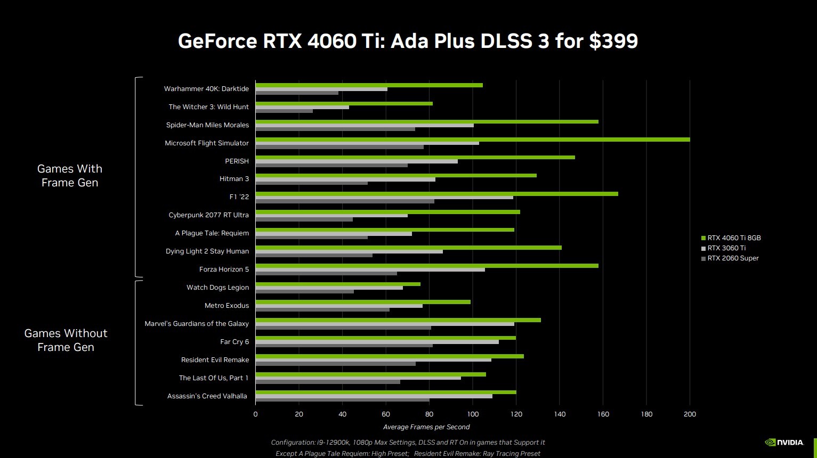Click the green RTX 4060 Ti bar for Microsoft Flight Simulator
[x=472, y=140]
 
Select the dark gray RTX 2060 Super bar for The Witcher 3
[x=284, y=111]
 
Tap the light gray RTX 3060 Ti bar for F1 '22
[x=384, y=198]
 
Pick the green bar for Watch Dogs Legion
[x=337, y=284]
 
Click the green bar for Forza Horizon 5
[x=426, y=266]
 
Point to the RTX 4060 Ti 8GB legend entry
[x=731, y=238]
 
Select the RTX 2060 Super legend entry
[x=730, y=258]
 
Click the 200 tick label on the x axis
[x=690, y=414]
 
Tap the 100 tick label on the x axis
[x=473, y=414]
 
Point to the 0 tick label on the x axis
[x=255, y=414]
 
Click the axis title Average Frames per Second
[x=426, y=427]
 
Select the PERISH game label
[x=237, y=161]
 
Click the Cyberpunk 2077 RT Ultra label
[x=208, y=215]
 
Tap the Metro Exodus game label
[x=227, y=306]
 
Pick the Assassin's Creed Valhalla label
[x=207, y=396]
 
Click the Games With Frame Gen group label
[x=70, y=176]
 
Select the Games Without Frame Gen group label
[x=66, y=340]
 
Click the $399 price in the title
[x=613, y=41]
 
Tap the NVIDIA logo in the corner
[x=784, y=442]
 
